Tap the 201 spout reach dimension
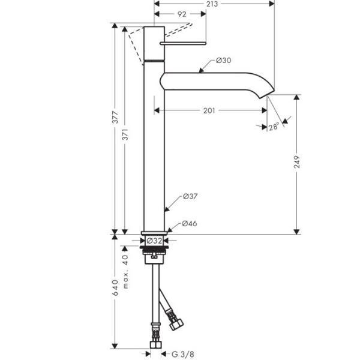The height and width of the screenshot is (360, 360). coord(209,110)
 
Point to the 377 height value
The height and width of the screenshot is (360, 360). coord(115,118)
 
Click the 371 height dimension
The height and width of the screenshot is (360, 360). coord(126,136)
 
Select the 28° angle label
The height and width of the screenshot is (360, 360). coord(274,127)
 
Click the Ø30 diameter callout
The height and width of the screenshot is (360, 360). coord(223,61)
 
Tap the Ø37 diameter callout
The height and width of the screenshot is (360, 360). coord(190,196)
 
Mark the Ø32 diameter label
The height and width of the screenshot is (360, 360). coord(155,241)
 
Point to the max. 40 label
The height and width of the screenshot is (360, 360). coord(126,271)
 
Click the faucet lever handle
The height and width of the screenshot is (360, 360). coord(182,44)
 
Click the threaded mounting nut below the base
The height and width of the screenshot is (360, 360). coord(155,253)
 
